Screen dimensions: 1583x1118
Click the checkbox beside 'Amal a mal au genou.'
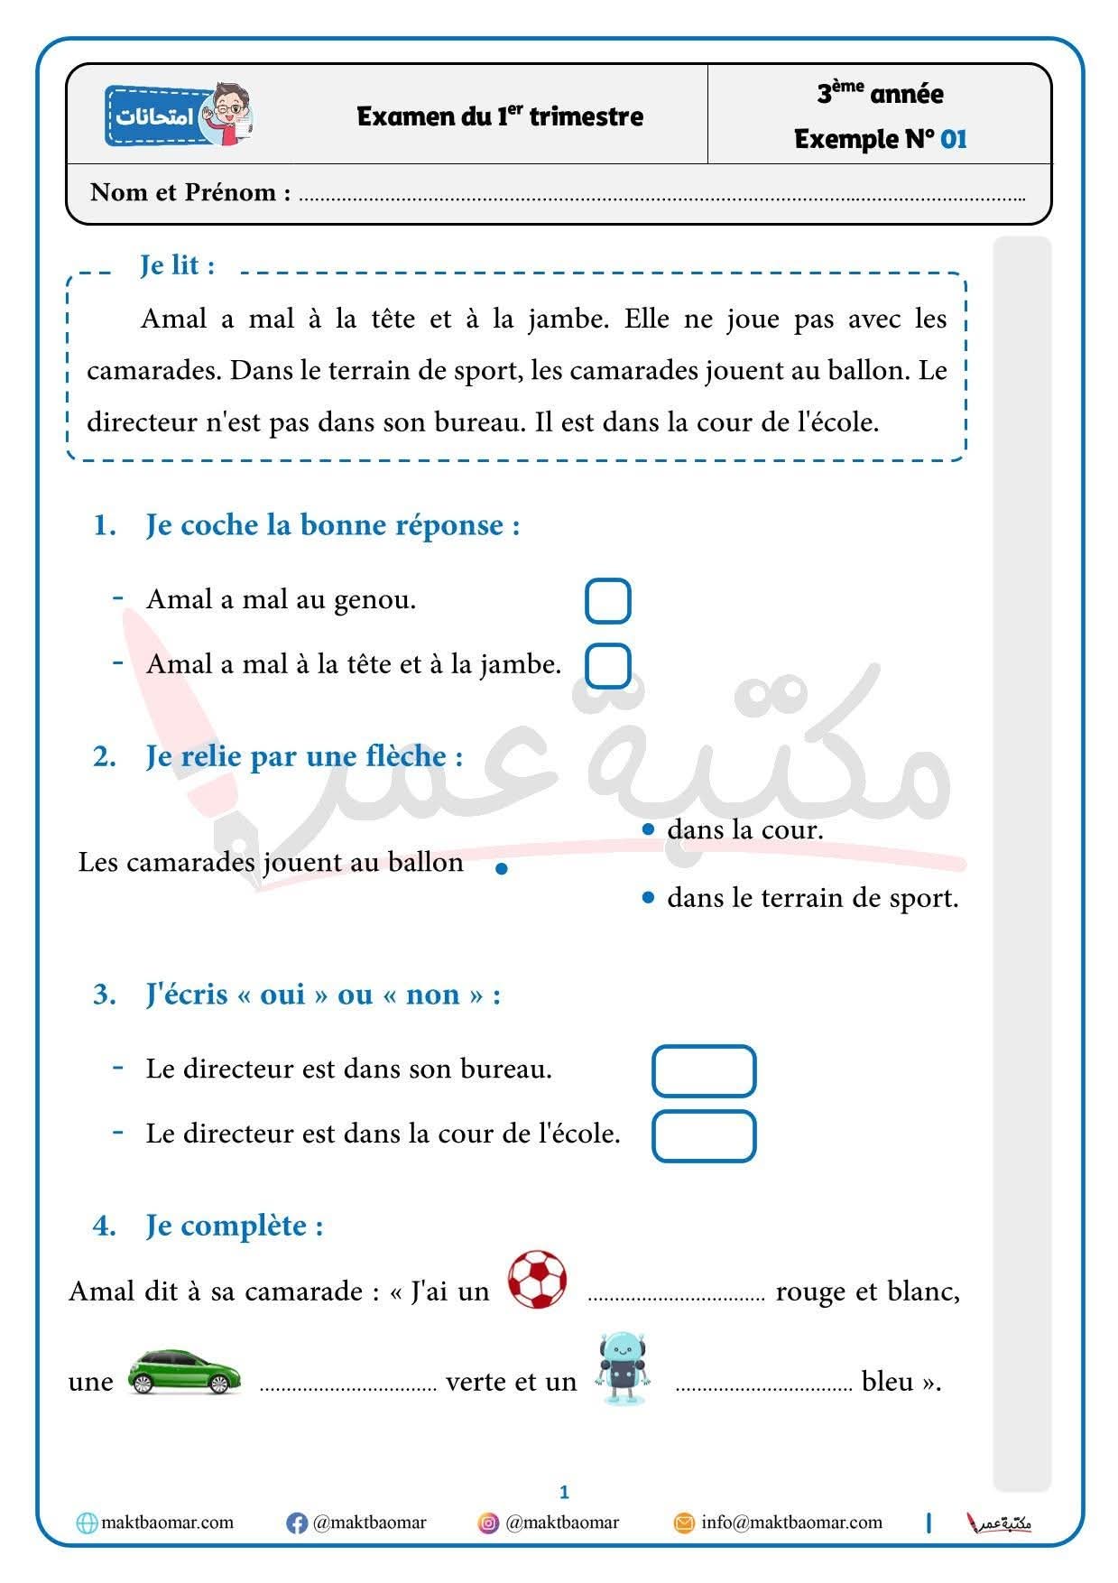click(x=607, y=601)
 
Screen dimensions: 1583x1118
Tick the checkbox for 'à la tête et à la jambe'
click(x=607, y=666)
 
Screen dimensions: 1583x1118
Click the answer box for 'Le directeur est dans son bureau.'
click(x=703, y=1071)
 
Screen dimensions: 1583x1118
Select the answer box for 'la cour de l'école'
click(x=703, y=1136)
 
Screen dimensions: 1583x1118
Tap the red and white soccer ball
click(x=537, y=1280)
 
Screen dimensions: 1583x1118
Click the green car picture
click(x=185, y=1372)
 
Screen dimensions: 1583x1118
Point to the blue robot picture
click(x=622, y=1368)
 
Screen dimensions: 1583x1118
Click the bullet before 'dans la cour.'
click(x=647, y=829)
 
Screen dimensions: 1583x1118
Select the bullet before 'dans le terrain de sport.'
click(x=647, y=898)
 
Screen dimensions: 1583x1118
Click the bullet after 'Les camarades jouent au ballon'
click(x=502, y=869)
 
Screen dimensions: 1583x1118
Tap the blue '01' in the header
click(x=953, y=139)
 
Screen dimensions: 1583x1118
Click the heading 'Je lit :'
click(x=177, y=265)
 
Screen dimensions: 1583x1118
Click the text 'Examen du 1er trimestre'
click(x=500, y=116)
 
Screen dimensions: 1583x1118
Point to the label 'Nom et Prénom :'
click(x=190, y=192)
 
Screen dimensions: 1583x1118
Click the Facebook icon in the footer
click(x=296, y=1523)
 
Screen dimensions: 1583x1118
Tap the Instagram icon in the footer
click(x=488, y=1523)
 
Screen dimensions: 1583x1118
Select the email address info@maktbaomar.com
click(x=791, y=1523)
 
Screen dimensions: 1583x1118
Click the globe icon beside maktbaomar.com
click(x=87, y=1523)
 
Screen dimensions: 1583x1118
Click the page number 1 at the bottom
click(x=564, y=1492)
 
